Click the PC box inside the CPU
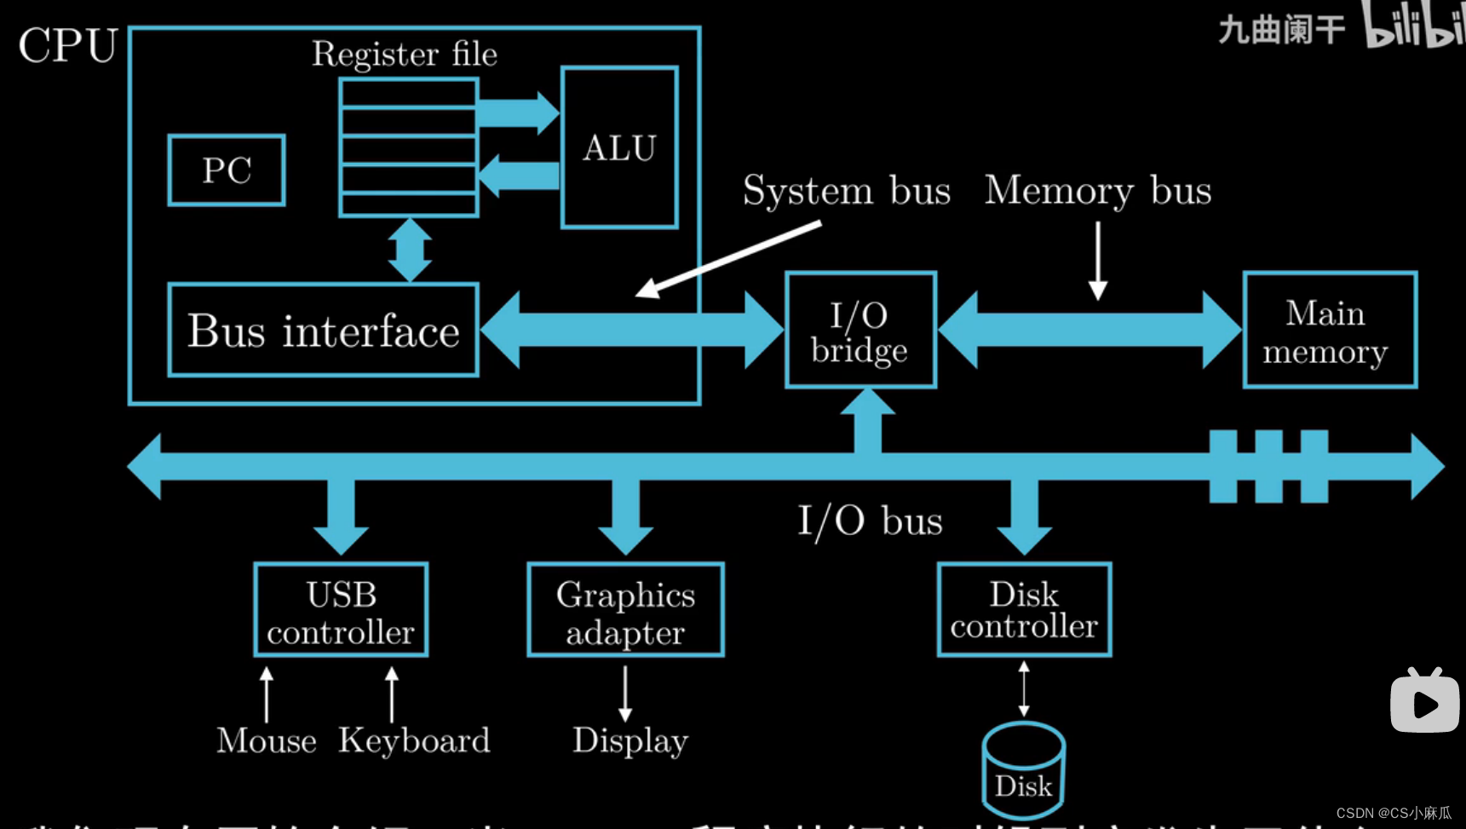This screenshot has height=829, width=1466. (227, 170)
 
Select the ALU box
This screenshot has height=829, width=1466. (619, 148)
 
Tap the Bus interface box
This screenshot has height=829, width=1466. (323, 331)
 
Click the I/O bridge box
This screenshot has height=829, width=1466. (860, 331)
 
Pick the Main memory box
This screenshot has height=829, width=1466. (1329, 331)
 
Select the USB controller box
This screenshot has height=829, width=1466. (341, 610)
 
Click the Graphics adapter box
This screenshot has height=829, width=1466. (625, 610)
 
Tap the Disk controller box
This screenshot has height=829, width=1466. (1024, 610)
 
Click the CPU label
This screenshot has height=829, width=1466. (68, 45)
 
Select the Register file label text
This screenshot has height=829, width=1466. (405, 55)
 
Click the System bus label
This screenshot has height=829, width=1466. (846, 191)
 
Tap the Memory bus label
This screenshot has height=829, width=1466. (1098, 191)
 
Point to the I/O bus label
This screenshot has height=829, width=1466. (870, 521)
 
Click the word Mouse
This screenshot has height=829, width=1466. (267, 740)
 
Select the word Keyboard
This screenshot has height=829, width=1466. (415, 740)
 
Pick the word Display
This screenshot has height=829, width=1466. (630, 740)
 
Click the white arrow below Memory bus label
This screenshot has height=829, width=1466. (1098, 260)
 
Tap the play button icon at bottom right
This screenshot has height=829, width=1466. (1424, 701)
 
